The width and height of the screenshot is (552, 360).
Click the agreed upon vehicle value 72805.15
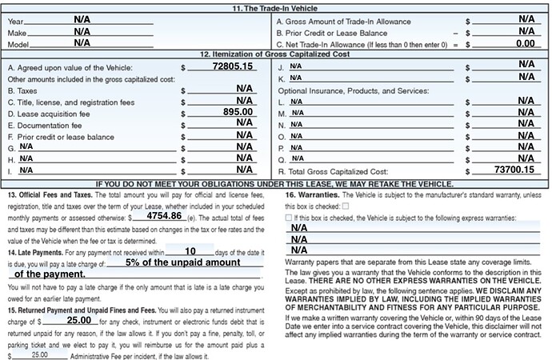tap(233, 68)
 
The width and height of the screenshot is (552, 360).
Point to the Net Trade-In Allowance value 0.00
tap(526, 42)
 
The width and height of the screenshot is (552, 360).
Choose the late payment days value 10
tap(190, 250)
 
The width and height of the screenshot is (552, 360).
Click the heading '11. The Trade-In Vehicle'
tap(277, 6)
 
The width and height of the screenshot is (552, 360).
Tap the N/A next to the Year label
tap(82, 18)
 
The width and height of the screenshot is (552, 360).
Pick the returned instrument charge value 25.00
tap(78, 297)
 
